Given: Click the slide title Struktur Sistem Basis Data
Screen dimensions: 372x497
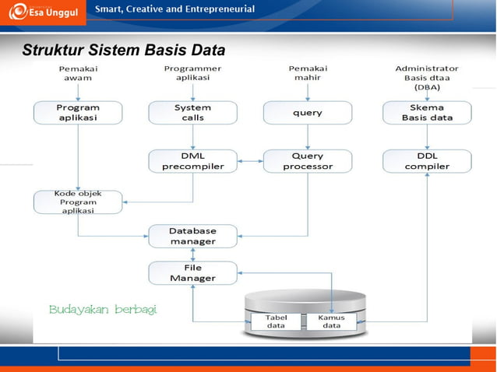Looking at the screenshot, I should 124,51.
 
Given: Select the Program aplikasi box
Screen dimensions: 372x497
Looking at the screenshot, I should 78,113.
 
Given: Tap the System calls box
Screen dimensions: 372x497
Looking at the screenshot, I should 192,113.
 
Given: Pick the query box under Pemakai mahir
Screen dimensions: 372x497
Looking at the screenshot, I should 307,113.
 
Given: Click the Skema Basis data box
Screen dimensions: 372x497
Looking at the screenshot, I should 427,113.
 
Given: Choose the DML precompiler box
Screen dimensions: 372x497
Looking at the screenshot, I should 192,161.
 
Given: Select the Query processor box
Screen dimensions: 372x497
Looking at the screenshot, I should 307,161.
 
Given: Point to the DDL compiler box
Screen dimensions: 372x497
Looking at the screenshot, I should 427,161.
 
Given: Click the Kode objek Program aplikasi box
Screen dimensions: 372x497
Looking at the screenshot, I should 78,202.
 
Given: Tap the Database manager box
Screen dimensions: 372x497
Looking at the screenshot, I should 192,236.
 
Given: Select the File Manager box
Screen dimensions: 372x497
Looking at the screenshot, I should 192,272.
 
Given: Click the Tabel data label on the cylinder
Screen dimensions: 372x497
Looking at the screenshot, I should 276,322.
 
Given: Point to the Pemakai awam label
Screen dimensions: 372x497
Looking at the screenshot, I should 78,73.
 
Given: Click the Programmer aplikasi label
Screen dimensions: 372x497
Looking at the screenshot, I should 192,73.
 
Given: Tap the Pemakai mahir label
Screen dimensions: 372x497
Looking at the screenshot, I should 307,73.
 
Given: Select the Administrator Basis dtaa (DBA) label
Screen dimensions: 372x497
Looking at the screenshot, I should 427,78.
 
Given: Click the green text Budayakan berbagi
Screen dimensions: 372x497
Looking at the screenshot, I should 103,309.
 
